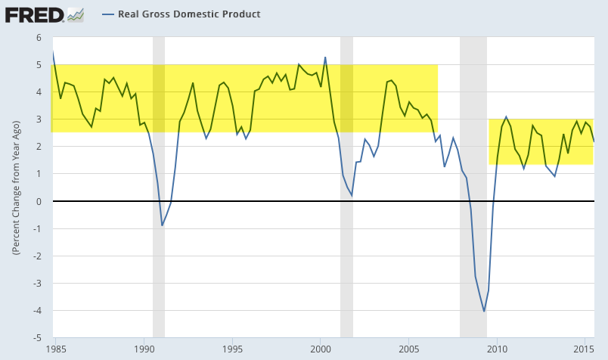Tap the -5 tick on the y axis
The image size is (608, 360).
pyautogui.click(x=36, y=338)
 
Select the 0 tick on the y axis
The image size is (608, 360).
pyautogui.click(x=38, y=201)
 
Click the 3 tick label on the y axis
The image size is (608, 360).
pyautogui.click(x=38, y=119)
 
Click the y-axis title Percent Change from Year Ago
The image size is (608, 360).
pyautogui.click(x=15, y=187)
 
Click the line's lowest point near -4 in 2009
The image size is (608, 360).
pyautogui.click(x=484, y=311)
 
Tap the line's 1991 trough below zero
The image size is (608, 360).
pyautogui.click(x=162, y=225)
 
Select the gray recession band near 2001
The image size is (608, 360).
pyautogui.click(x=346, y=227)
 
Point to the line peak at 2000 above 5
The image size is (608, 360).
pyautogui.click(x=325, y=57)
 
